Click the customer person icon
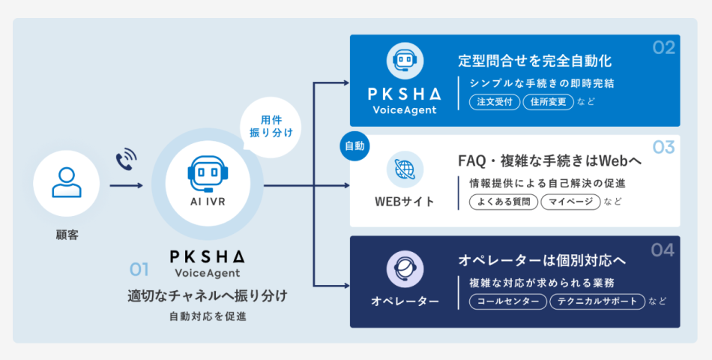pyautogui.click(x=67, y=183)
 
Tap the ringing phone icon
pyautogui.click(x=126, y=160)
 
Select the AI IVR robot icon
pyautogui.click(x=206, y=172)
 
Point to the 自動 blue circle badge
pyautogui.click(x=355, y=146)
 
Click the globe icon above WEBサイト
pyautogui.click(x=405, y=169)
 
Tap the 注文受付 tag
pyautogui.click(x=495, y=101)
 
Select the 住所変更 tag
pyautogui.click(x=548, y=101)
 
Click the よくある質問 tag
pyautogui.click(x=503, y=202)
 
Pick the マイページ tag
pyautogui.click(x=570, y=202)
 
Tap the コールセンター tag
pyautogui.click(x=508, y=301)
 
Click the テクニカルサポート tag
pyautogui.click(x=597, y=301)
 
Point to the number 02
pyautogui.click(x=663, y=48)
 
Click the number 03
pyautogui.click(x=663, y=147)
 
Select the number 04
pyautogui.click(x=663, y=250)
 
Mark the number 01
pyautogui.click(x=140, y=268)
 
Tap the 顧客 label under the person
pyautogui.click(x=67, y=235)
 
